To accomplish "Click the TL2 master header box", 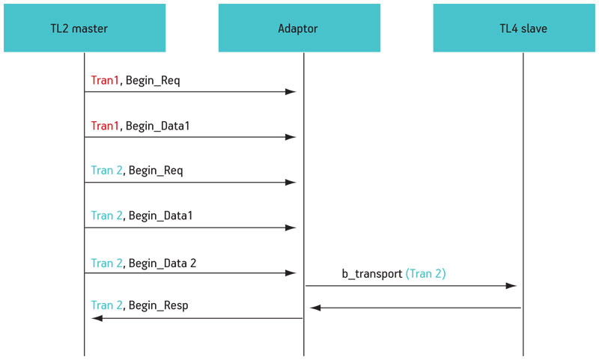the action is [x=85, y=28].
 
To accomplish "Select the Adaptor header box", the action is [x=299, y=28].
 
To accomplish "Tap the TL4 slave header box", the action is [x=514, y=28].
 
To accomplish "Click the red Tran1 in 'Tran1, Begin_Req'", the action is [x=105, y=81].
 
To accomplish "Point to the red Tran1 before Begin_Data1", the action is [x=105, y=126].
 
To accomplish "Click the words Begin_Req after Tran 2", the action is [x=156, y=171].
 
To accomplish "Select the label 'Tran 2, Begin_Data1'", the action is [x=142, y=216].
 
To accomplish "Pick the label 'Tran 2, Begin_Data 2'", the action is [x=144, y=263].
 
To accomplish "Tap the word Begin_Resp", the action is [x=159, y=306].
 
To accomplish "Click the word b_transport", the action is [x=372, y=274].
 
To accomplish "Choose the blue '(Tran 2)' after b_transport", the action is [x=425, y=274].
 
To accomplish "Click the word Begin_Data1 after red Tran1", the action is [x=158, y=126].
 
